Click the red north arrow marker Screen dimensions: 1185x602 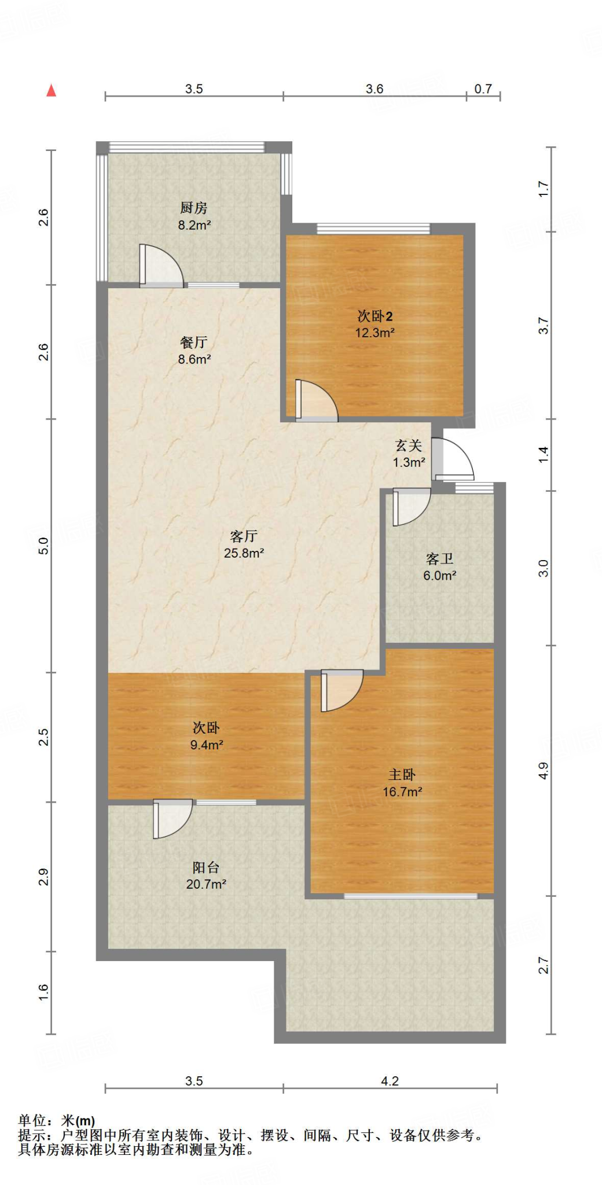[52, 90]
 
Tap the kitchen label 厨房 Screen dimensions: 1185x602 [193, 208]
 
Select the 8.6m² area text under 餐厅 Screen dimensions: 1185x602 [194, 359]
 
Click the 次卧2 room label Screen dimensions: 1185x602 [375, 316]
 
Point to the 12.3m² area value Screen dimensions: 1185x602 [375, 333]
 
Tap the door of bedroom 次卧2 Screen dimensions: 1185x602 [315, 400]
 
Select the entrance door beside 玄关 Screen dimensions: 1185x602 [453, 459]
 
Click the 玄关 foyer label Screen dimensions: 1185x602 [409, 446]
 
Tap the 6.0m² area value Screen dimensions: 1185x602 [439, 576]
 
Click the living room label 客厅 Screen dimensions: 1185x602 [244, 536]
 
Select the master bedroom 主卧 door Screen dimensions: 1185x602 [341, 690]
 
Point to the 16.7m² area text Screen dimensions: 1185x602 [402, 792]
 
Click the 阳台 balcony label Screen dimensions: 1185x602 [206, 867]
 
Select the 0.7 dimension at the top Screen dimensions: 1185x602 [483, 89]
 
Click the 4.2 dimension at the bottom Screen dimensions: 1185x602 [390, 1081]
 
